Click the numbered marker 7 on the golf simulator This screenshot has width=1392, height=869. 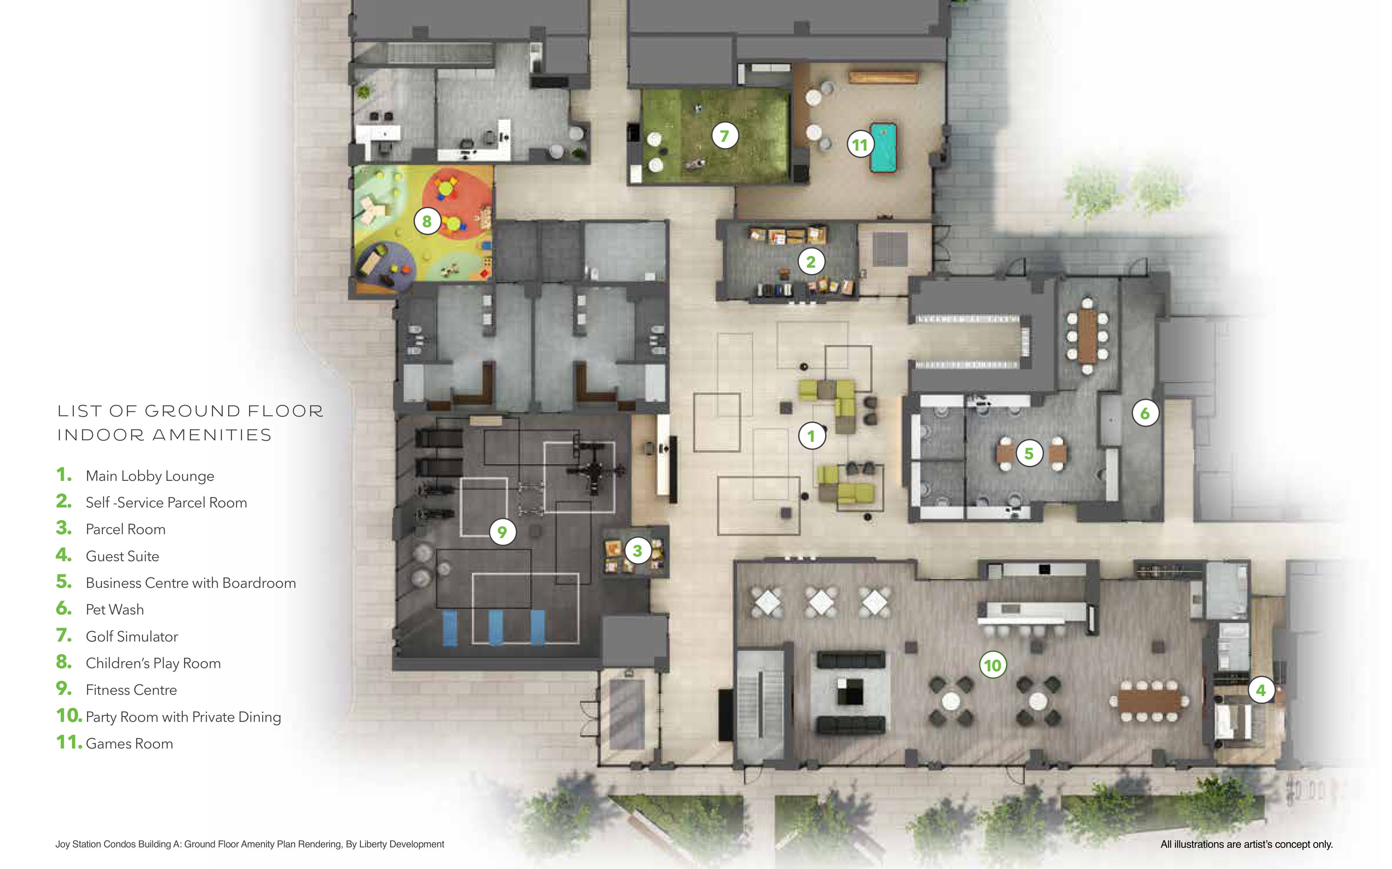coord(725,136)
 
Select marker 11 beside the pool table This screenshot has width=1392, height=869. coord(860,144)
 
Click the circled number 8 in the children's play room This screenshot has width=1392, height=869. coord(427,221)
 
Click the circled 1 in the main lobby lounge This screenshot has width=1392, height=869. coord(812,436)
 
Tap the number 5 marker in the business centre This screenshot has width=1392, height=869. coord(1029,453)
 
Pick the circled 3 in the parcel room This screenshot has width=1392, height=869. coord(637,551)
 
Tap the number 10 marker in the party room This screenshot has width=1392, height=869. coord(993,665)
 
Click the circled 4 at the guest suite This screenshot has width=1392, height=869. coord(1261,690)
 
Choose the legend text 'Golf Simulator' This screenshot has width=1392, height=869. coord(132,636)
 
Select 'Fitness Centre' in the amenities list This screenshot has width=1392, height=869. coord(131,690)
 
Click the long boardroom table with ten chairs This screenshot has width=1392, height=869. coord(1087,336)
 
